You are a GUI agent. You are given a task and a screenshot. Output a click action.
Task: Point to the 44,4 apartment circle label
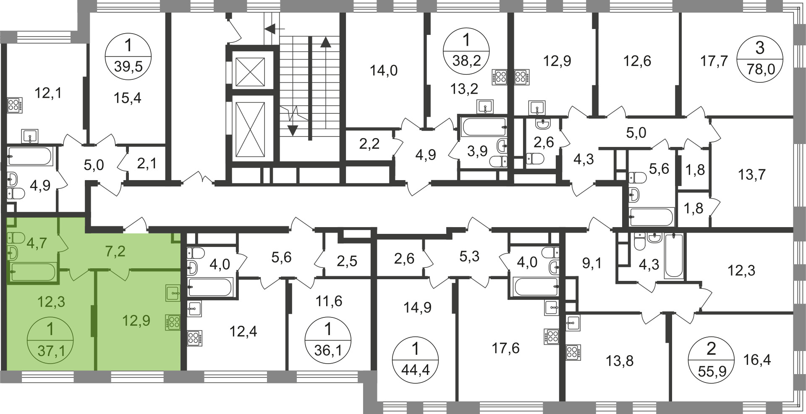click(415, 360)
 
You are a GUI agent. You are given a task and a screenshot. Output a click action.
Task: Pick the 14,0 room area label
click(383, 71)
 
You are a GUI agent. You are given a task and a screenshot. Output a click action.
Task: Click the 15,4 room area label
click(127, 98)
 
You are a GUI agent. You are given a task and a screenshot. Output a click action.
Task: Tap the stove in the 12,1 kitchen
click(15, 105)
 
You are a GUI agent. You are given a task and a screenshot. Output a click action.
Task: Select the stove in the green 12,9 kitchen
click(174, 322)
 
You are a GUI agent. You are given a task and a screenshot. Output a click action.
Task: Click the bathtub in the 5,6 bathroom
click(652, 217)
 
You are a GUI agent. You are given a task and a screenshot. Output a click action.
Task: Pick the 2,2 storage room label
click(369, 144)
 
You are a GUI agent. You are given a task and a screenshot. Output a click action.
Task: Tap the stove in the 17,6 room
click(552, 337)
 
